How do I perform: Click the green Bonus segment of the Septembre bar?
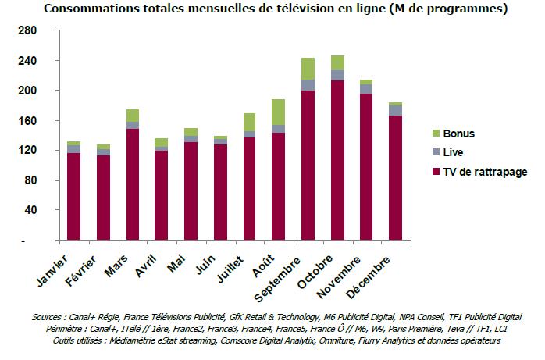(x=308, y=69)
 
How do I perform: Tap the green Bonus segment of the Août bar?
(x=278, y=112)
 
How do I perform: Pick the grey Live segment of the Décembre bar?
(x=396, y=110)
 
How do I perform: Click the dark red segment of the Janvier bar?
(x=73, y=195)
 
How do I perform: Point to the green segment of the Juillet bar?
(x=249, y=122)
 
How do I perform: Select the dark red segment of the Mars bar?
(x=132, y=184)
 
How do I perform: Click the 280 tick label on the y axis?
(x=27, y=30)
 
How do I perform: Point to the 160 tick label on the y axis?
(x=27, y=121)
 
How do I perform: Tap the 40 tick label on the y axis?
(x=30, y=211)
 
